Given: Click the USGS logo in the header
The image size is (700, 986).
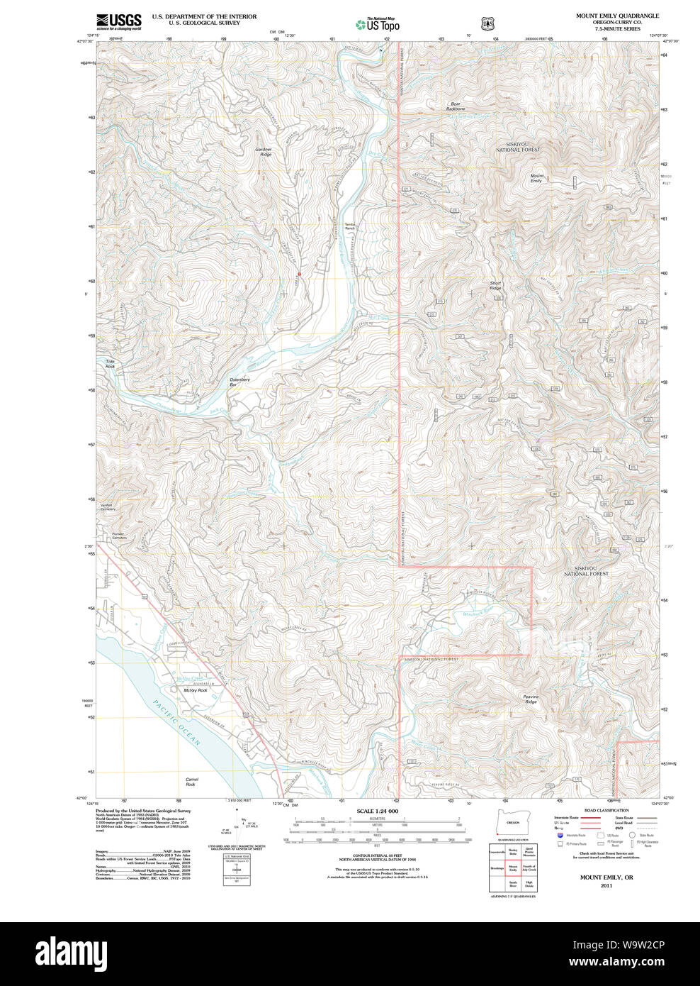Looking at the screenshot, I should tap(119, 21).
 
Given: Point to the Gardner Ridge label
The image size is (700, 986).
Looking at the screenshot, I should tap(264, 152).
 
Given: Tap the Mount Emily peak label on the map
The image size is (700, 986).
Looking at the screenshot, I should tap(537, 178).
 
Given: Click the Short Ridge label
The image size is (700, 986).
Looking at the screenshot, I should tap(495, 285).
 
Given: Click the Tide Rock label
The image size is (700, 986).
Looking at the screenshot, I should tap(110, 363).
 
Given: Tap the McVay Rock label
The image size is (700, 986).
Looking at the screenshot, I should tap(195, 690).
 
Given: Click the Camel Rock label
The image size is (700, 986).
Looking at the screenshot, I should tap(191, 782).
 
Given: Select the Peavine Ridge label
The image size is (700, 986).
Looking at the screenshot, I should tap(531, 699).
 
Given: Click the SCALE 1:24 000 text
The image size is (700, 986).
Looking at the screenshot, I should tap(377, 811).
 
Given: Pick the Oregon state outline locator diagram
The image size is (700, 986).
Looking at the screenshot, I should tap(512, 821).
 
